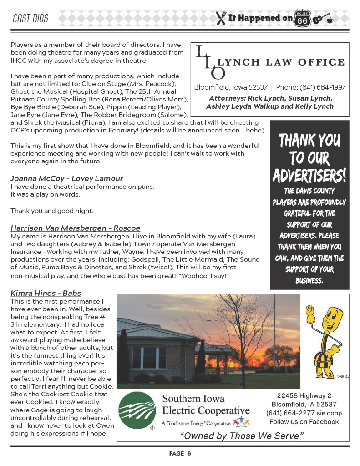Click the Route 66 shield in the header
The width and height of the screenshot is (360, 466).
coord(302,18)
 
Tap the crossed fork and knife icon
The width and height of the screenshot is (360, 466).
coord(221,18)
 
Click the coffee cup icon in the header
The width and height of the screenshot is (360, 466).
coord(330,20)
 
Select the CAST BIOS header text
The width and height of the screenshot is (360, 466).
coord(30,19)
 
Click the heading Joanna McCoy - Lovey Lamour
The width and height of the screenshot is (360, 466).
coord(66,178)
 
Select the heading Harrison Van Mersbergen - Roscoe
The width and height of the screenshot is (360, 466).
coord(75,228)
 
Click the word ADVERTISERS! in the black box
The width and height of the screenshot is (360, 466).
coord(309,175)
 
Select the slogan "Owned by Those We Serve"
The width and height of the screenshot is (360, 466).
coord(242,436)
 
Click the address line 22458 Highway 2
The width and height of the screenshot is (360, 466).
coord(304,395)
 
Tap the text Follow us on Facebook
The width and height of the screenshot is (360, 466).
coord(304,422)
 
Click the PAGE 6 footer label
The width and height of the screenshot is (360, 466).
coord(180,454)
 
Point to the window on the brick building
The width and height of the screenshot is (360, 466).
coord(149,358)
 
